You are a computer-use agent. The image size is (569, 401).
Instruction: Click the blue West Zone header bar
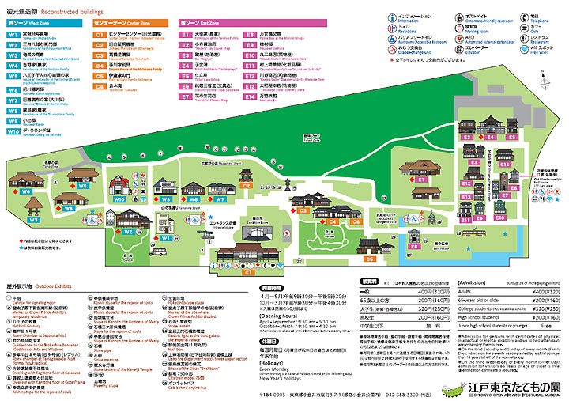click(47, 24)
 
